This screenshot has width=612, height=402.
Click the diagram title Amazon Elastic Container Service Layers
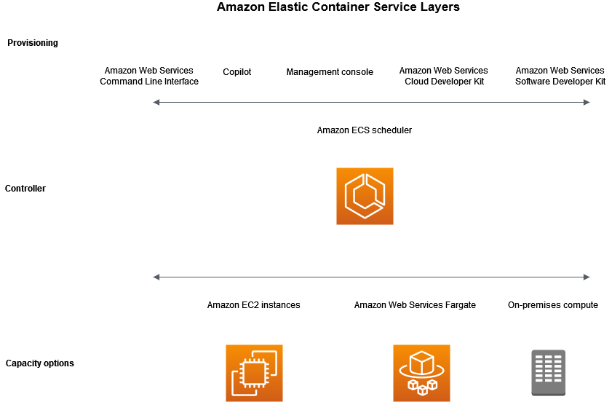point(338,8)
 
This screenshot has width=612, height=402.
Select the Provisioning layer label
point(33,43)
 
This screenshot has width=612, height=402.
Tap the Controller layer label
point(25,189)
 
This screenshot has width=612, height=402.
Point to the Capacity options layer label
point(39,363)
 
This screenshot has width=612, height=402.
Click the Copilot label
point(237,72)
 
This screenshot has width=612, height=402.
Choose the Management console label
point(330,72)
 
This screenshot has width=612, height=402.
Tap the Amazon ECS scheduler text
point(365,130)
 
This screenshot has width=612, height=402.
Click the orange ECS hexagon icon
point(365,196)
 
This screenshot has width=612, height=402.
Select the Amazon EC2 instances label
point(253,305)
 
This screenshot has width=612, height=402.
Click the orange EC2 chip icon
point(254,373)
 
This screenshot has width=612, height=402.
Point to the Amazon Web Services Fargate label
point(415,305)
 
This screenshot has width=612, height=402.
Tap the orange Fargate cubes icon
point(421,373)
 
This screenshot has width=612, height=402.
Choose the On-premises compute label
point(553,305)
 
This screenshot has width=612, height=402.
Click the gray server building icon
point(548,373)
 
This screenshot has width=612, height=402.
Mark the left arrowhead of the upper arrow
point(156,103)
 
